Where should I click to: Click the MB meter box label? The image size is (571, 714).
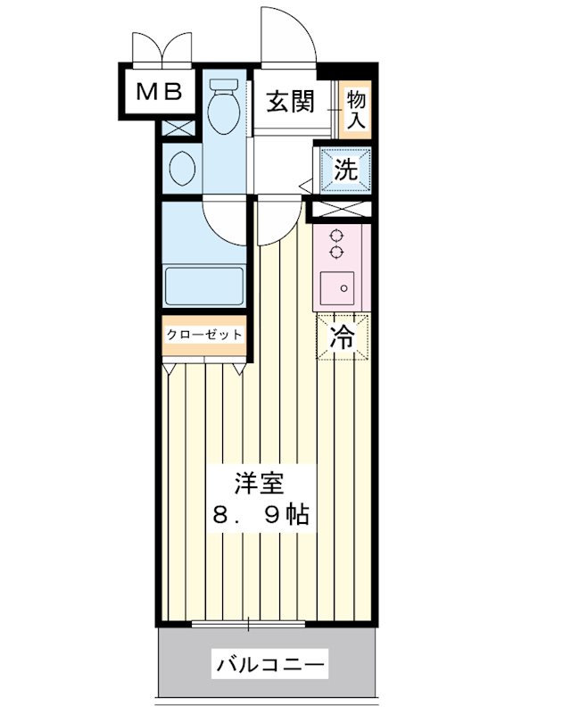click(159, 90)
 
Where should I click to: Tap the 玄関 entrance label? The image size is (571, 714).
click(290, 100)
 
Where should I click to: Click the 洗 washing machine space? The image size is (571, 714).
click(346, 170)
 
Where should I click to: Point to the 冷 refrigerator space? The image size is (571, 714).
click(342, 337)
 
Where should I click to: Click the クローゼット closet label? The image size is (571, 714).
click(204, 335)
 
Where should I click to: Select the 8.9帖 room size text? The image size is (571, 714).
click(260, 515)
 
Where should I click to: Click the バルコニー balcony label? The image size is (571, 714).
click(269, 664)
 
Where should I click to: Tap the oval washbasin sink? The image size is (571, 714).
click(182, 167)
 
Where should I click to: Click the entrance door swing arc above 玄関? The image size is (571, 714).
click(287, 36)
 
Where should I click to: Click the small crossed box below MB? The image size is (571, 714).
click(178, 127)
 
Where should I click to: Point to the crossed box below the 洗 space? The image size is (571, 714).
click(340, 211)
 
